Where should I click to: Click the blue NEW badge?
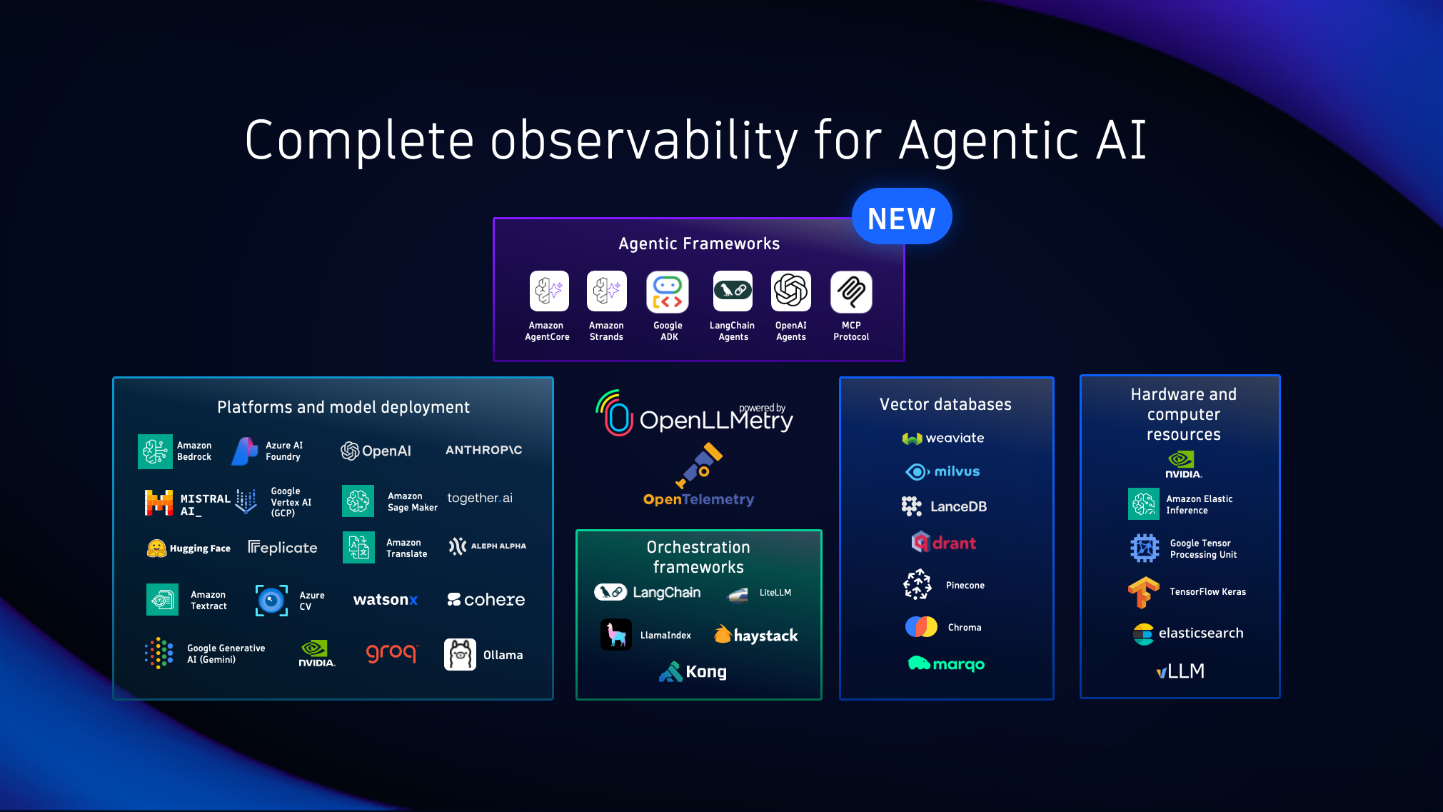(901, 217)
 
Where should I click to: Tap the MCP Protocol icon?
(851, 291)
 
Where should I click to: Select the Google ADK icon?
(668, 291)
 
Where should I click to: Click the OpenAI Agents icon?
(790, 291)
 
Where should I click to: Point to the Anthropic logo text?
(483, 450)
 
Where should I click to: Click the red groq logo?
(391, 653)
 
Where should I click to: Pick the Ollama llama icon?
(460, 654)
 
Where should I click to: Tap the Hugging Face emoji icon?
(156, 548)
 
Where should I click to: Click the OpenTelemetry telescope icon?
(699, 465)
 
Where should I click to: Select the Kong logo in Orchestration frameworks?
(693, 671)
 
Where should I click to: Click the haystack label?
(765, 636)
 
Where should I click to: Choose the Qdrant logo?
(944, 543)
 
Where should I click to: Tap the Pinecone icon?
(917, 585)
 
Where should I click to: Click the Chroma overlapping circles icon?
(921, 627)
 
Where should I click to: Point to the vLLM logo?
(1181, 671)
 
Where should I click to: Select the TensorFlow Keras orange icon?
(1143, 592)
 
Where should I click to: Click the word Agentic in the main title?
(989, 141)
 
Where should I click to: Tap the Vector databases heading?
(945, 404)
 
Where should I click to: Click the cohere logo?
(486, 600)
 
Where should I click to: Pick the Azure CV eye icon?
(271, 600)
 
